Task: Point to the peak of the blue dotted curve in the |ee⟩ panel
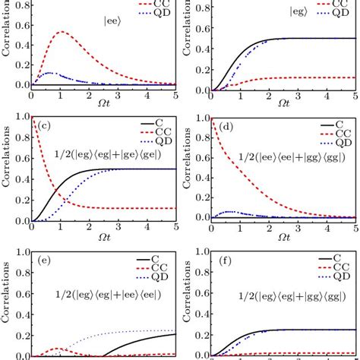pyautogui.click(x=50, y=73)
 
